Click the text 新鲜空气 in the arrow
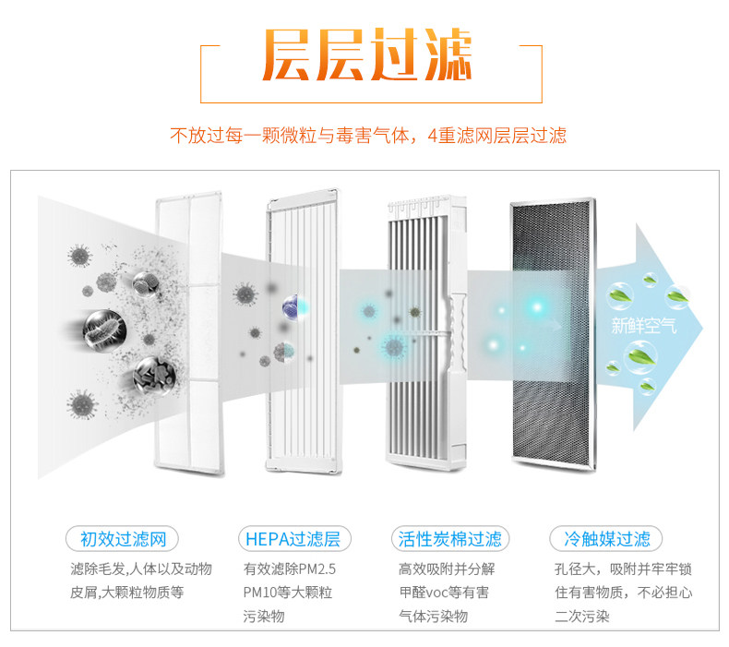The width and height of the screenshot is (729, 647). pyautogui.click(x=643, y=325)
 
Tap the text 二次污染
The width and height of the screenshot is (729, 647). pyautogui.click(x=581, y=616)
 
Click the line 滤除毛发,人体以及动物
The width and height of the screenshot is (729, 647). pyautogui.click(x=141, y=569)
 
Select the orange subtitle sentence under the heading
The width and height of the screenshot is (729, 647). pyautogui.click(x=368, y=136)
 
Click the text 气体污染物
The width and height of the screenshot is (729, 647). pyautogui.click(x=434, y=616)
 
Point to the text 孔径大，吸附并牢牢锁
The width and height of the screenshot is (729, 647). pyautogui.click(x=623, y=569)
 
